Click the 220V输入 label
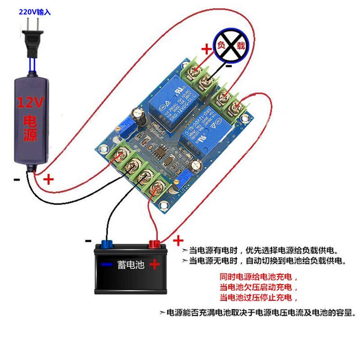click(35, 13)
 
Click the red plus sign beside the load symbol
click(206, 49)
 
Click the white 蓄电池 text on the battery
click(130, 265)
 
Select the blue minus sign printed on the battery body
click(107, 265)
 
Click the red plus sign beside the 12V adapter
click(48, 180)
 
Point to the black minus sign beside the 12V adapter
click(17, 180)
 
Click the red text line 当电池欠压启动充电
click(258, 287)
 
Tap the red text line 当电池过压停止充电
click(258, 297)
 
